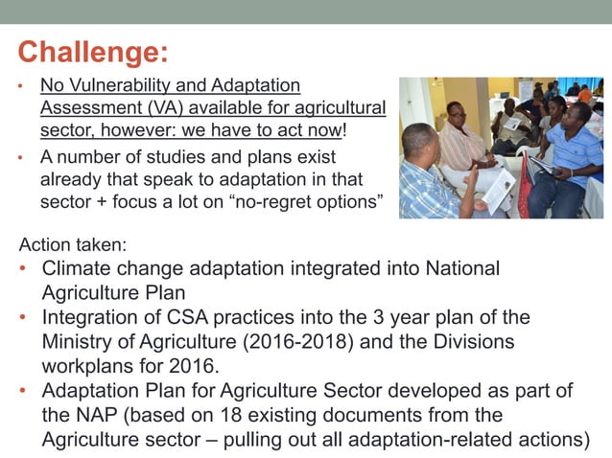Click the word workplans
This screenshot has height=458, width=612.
coord(84,366)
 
